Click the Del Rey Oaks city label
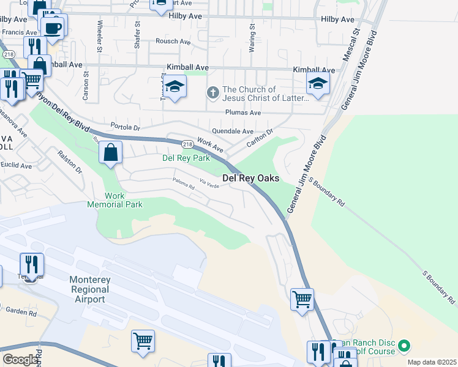point(250,178)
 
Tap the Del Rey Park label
point(186,158)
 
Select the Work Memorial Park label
point(115,200)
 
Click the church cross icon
point(212,92)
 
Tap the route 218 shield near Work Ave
point(187,144)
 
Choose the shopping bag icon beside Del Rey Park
point(111,152)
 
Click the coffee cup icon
point(52,27)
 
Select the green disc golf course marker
point(404,346)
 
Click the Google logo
point(20,360)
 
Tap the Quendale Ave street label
point(232,132)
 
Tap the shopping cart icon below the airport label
point(143,341)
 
